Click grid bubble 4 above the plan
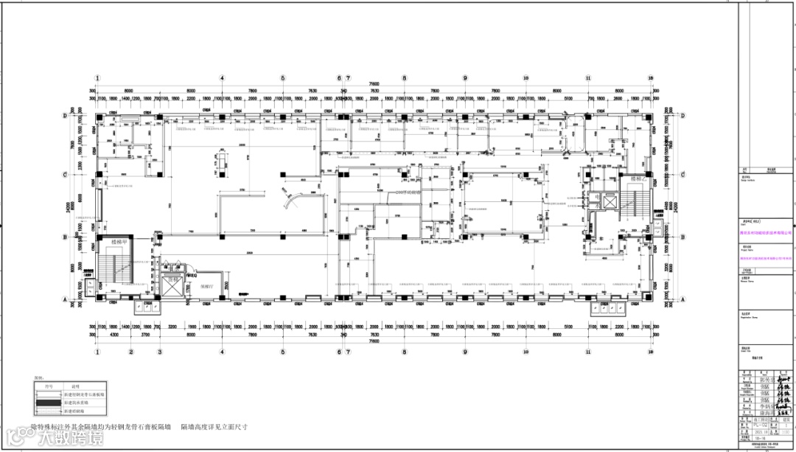click(x=221, y=77)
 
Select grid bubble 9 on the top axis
click(x=465, y=77)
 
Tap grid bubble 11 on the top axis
click(x=588, y=77)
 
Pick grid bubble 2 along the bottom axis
click(x=130, y=352)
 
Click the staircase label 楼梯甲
click(x=119, y=242)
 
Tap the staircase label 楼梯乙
click(x=638, y=179)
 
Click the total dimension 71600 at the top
click(x=374, y=84)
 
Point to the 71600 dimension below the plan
click(x=374, y=343)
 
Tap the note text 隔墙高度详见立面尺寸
click(x=214, y=426)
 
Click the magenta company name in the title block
click(x=765, y=232)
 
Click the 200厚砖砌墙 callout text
click(x=407, y=192)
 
